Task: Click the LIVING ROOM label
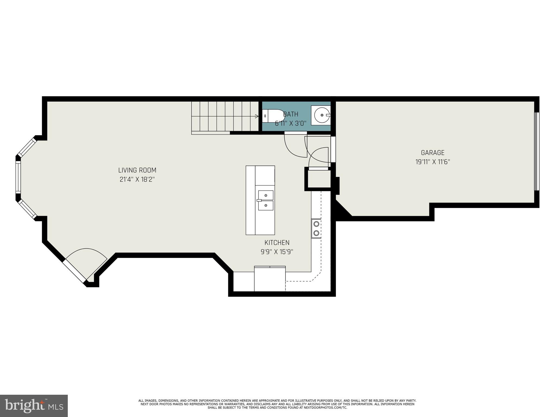137,170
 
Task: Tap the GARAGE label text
432,153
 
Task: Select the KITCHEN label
277,242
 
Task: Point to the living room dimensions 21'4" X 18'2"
137,179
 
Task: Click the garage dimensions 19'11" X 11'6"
432,162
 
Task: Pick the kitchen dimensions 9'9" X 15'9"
277,252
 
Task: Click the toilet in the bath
272,116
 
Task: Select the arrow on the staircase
256,116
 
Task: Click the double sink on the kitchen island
266,200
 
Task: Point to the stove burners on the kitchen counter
316,228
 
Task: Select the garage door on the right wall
537,151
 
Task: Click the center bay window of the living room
18,177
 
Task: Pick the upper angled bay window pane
27,147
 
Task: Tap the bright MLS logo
34,406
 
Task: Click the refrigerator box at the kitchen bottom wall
270,279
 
